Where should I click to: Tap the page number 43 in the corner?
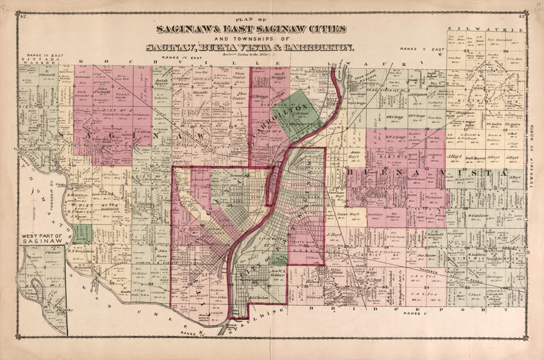pyautogui.click(x=522, y=18)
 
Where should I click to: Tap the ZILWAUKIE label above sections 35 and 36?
pyautogui.click(x=484, y=30)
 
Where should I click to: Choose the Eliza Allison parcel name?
pyautogui.click(x=336, y=270)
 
